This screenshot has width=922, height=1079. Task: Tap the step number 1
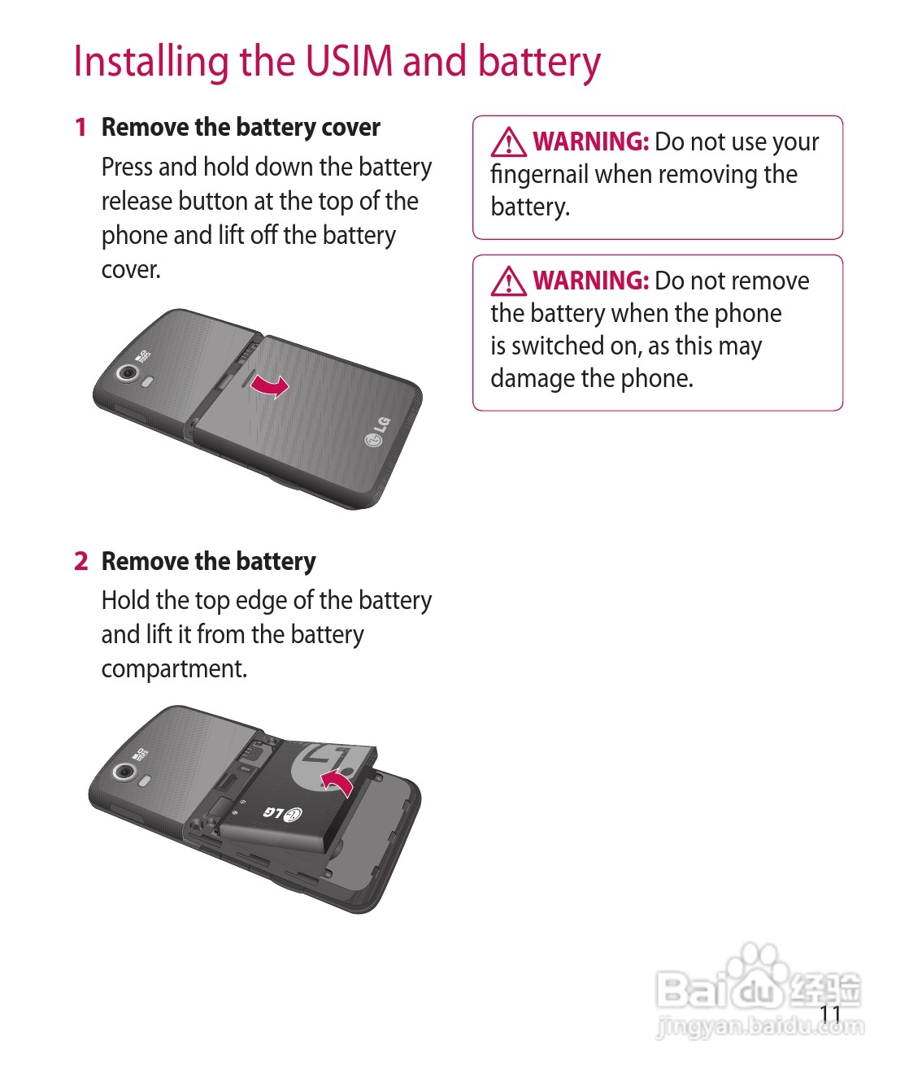80,128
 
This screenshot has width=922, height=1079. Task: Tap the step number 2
81,561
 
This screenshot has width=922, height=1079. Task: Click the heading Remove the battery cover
241,128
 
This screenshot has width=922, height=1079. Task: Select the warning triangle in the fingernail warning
508,142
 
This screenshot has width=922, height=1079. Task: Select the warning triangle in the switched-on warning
508,281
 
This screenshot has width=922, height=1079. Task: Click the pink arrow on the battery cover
270,386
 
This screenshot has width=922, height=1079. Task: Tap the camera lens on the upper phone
128,372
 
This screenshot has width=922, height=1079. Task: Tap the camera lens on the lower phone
124,771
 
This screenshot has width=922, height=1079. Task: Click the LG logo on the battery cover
377,431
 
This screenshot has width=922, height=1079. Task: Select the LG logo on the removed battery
282,813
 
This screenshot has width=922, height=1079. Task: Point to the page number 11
830,1014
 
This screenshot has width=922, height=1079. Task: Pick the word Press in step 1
127,167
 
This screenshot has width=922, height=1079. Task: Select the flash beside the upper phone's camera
147,382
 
